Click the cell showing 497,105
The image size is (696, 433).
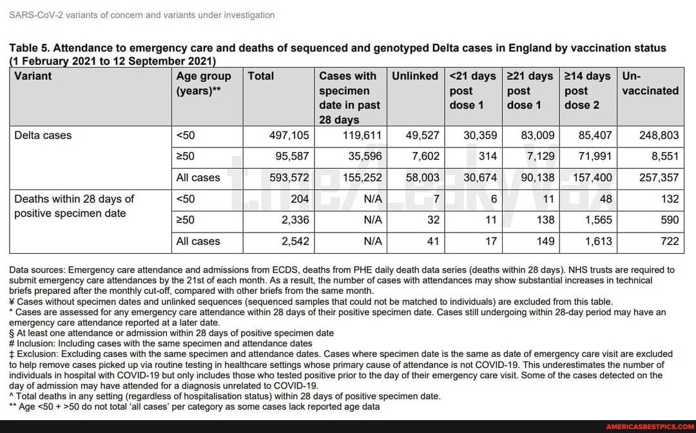pyautogui.click(x=289, y=135)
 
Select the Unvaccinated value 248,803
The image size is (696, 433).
pyautogui.click(x=659, y=135)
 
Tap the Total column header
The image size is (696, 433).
pyautogui.click(x=261, y=76)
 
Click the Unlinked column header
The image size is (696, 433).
pyautogui.click(x=415, y=76)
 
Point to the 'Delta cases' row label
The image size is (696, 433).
pyautogui.click(x=43, y=135)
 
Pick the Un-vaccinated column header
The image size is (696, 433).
pyautogui.click(x=650, y=84)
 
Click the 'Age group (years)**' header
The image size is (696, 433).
pyautogui.click(x=204, y=84)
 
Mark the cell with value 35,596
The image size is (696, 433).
pyautogui.click(x=365, y=156)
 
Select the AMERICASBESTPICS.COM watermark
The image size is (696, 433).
pyautogui.click(x=649, y=427)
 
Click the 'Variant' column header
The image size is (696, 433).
pyautogui.click(x=33, y=76)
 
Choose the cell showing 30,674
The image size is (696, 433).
pyautogui.click(x=480, y=177)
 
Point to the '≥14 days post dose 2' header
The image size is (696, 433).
pyautogui.click(x=587, y=90)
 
